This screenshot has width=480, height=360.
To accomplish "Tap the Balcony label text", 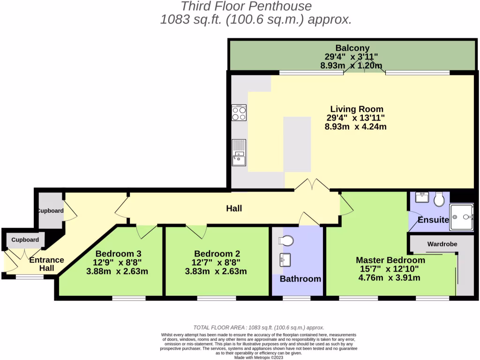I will [352, 48].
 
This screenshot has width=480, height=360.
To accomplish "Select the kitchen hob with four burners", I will [239, 112].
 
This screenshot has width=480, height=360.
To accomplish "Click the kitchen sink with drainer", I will [239, 153].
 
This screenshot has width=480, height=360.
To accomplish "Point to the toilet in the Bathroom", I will [285, 240].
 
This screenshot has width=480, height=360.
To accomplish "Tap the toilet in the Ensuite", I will [440, 200].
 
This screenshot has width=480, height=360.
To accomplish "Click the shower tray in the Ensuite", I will [461, 217].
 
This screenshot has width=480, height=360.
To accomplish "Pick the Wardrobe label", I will [442, 244].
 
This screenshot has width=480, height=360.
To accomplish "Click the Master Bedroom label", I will [390, 260].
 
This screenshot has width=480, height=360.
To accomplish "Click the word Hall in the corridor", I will [234, 208].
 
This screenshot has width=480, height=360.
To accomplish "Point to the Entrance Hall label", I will [46, 264].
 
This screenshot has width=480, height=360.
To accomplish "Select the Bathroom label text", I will [300, 279].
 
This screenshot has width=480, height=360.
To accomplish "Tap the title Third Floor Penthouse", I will [246, 7].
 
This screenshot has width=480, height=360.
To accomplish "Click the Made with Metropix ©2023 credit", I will [259, 357].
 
